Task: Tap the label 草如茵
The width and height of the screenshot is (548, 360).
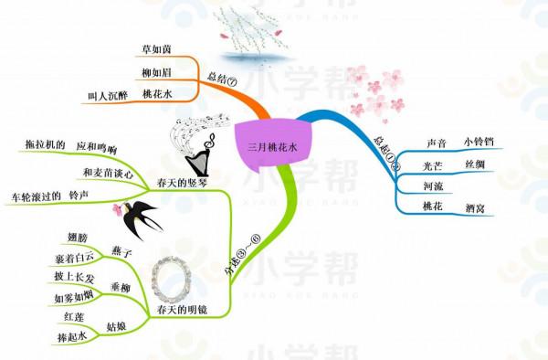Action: pos(156,48)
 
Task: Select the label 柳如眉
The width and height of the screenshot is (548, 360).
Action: pos(156,71)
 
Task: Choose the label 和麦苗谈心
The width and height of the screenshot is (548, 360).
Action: pos(108,172)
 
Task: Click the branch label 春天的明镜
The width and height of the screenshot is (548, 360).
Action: pos(182,311)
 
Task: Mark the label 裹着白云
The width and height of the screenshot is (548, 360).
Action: pos(74,259)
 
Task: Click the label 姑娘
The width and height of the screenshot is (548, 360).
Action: pos(117,324)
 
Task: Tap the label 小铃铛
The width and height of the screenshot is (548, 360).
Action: pos(478,141)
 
